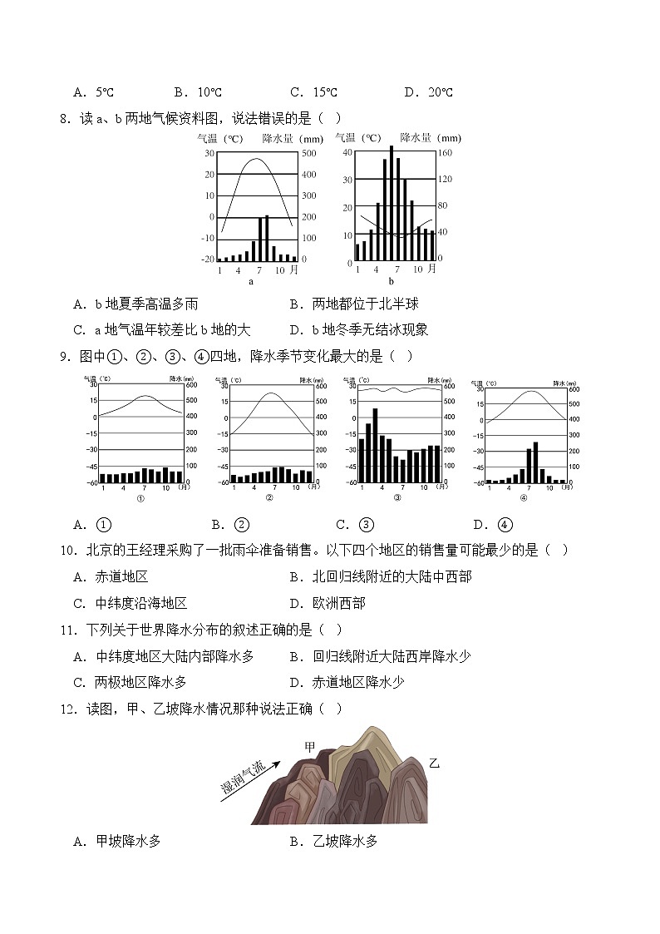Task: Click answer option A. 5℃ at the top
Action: tap(92, 92)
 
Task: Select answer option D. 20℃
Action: tap(428, 92)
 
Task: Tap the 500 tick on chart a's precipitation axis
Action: tap(308, 154)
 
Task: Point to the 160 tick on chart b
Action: tap(446, 154)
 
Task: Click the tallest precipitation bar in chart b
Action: tap(391, 204)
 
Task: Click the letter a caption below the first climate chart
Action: tap(251, 281)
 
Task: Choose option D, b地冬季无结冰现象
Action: tap(358, 329)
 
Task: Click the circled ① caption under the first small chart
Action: tap(140, 498)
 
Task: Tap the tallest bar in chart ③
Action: tap(375, 445)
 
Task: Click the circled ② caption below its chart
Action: tap(269, 498)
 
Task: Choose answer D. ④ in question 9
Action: tap(493, 524)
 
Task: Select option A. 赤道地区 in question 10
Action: tap(111, 576)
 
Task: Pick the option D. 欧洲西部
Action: tap(328, 603)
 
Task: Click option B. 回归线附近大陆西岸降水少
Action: tap(380, 656)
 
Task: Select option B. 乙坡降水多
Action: tap(333, 841)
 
